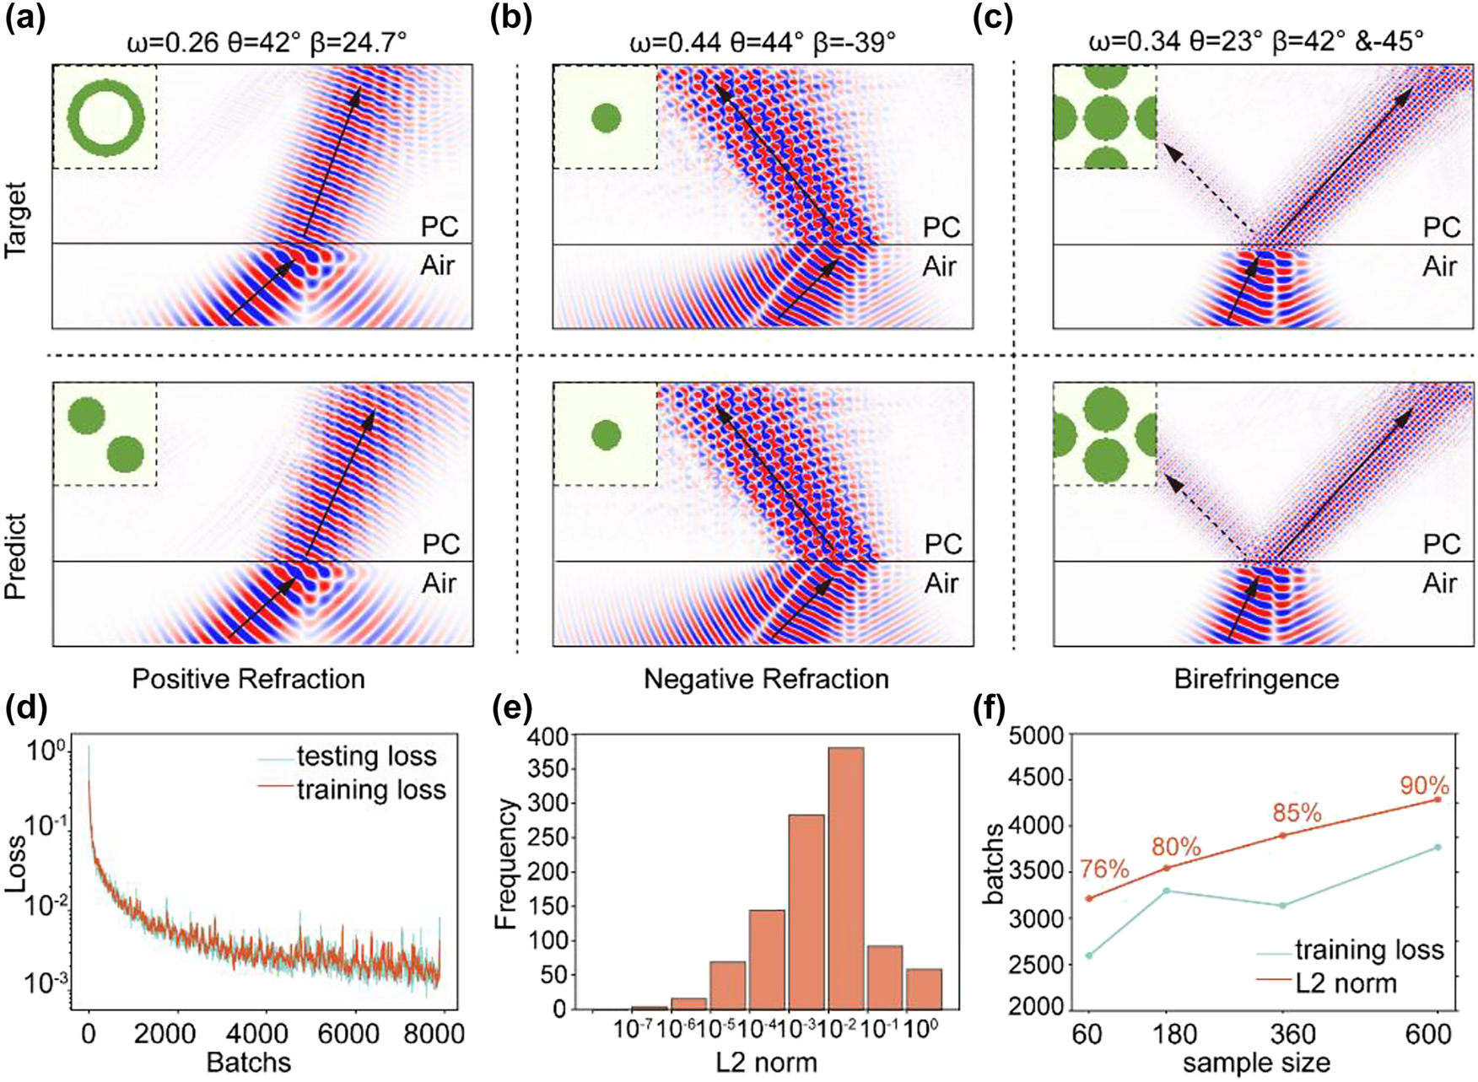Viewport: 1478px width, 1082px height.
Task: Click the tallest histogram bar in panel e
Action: click(845, 877)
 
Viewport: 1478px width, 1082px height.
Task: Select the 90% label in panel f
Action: click(1424, 785)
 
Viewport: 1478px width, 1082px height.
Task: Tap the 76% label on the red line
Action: click(1103, 869)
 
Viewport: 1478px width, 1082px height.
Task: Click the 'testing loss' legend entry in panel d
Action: click(366, 756)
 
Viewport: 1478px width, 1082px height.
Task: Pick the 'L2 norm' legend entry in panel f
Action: click(1346, 983)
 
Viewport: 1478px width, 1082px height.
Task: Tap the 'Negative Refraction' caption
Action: click(765, 679)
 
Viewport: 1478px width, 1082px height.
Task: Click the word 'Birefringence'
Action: click(1256, 679)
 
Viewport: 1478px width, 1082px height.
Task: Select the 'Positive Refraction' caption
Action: click(248, 679)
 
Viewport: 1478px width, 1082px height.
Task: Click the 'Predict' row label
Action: click(16, 556)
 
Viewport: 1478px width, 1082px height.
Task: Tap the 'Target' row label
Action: click(16, 219)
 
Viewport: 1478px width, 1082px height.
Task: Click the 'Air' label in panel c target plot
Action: click(1439, 266)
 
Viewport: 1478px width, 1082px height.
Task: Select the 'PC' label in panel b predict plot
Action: click(942, 544)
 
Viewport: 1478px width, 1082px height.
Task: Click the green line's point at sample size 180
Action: click(1167, 891)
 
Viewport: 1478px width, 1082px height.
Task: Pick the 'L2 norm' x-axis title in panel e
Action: click(766, 1063)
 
